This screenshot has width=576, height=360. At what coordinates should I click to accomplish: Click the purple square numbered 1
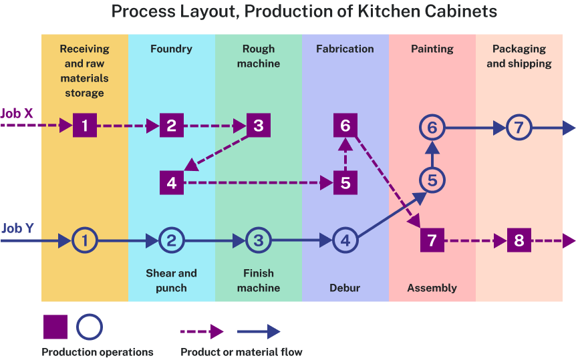pyautogui.click(x=85, y=125)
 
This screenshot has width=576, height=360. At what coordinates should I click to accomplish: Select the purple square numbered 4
pyautogui.click(x=172, y=182)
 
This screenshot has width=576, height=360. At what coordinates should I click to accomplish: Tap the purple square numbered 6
pyautogui.click(x=345, y=126)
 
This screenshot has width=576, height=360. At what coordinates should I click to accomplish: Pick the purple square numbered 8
pyautogui.click(x=519, y=240)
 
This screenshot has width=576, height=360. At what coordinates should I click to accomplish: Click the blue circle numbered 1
pyautogui.click(x=85, y=240)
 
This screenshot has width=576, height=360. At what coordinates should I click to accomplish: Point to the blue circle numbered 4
pyautogui.click(x=345, y=240)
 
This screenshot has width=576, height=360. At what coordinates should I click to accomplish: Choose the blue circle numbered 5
pyautogui.click(x=432, y=180)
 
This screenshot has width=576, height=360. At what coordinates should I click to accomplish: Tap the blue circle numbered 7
pyautogui.click(x=519, y=127)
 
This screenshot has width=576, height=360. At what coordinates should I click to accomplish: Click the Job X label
pyautogui.click(x=17, y=114)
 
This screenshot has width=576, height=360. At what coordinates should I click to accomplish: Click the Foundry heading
pyautogui.click(x=171, y=49)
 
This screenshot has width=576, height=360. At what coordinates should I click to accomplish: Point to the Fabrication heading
pyautogui.click(x=345, y=49)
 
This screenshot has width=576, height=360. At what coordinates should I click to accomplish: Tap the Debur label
pyautogui.click(x=345, y=288)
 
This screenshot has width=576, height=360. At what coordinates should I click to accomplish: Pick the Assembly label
pyautogui.click(x=432, y=288)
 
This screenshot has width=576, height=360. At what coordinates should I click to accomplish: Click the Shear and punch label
pyautogui.click(x=171, y=281)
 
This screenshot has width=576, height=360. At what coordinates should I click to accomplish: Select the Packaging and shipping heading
pyautogui.click(x=519, y=56)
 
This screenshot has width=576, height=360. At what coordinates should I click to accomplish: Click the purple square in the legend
pyautogui.click(x=55, y=327)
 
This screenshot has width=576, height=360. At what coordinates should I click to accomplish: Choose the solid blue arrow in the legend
pyautogui.click(x=259, y=331)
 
